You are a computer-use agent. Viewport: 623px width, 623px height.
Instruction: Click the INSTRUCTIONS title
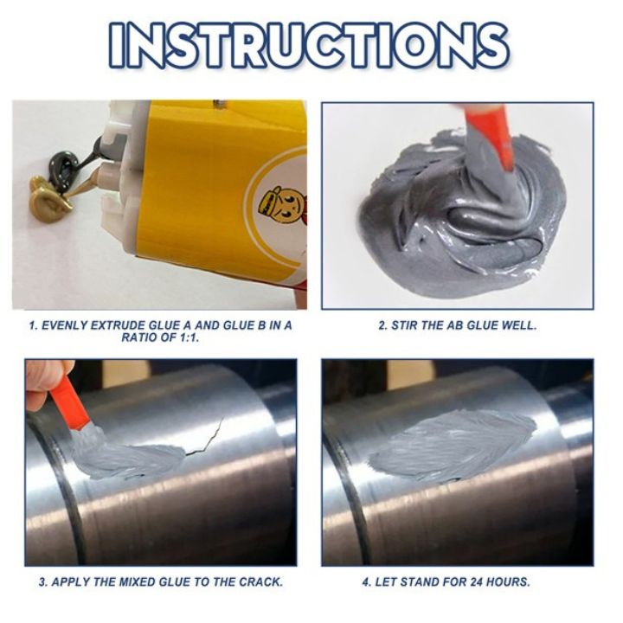309,45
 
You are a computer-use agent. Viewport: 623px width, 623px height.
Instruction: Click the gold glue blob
50,195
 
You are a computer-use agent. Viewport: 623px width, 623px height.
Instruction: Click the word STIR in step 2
401,325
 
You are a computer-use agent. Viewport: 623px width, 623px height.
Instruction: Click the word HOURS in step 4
509,582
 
